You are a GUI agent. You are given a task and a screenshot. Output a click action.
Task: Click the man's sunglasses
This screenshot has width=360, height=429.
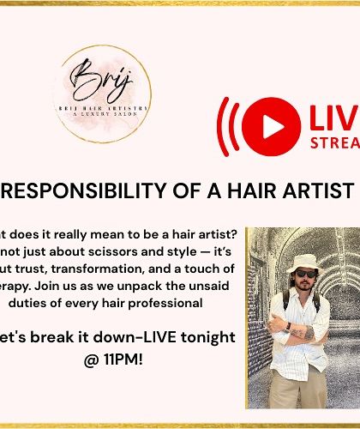[305, 274]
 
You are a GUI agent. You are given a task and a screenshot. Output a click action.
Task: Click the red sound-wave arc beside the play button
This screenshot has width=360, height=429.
[225, 124]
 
